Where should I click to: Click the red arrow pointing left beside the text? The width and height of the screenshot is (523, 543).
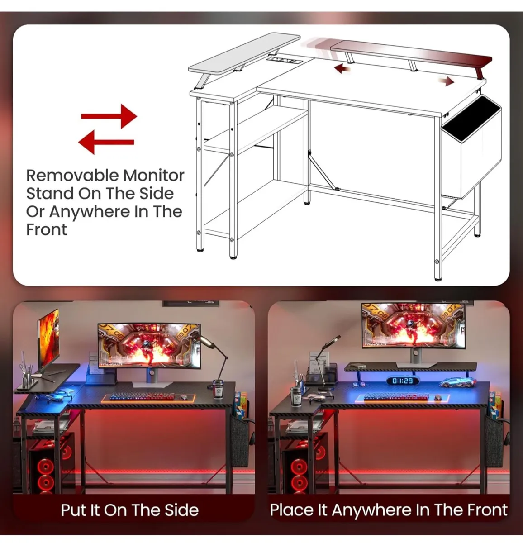click(x=106, y=143)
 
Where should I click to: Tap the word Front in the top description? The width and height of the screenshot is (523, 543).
click(x=46, y=229)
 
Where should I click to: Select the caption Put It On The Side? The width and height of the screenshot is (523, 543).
click(x=130, y=510)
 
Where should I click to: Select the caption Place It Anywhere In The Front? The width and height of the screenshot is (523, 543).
click(x=388, y=510)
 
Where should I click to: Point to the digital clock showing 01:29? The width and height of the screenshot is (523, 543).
click(x=402, y=381)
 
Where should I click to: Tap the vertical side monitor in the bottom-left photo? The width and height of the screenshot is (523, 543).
click(x=48, y=338)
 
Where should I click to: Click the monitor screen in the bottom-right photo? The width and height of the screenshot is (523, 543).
click(x=413, y=326)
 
